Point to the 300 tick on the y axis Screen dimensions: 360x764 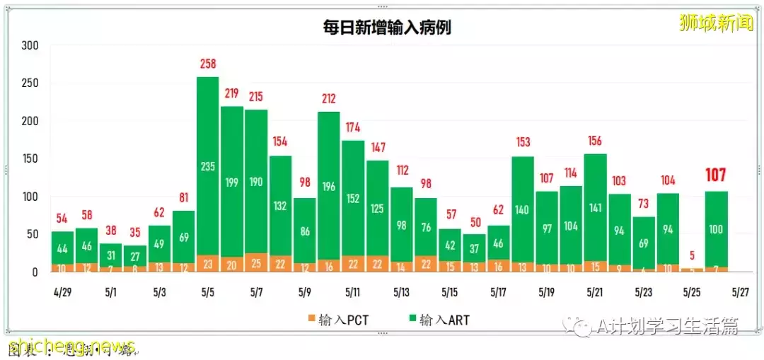[30, 46]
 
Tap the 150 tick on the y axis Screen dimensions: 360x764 [30, 159]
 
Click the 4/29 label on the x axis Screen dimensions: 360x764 [62, 291]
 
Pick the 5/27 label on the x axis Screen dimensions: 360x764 [740, 291]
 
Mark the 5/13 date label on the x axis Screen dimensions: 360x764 [402, 291]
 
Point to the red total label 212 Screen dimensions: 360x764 [328, 99]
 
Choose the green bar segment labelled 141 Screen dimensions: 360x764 [596, 207]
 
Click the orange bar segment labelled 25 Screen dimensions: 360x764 [255, 263]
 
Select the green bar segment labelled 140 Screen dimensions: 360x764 [523, 209]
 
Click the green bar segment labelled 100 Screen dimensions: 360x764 [716, 229]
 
